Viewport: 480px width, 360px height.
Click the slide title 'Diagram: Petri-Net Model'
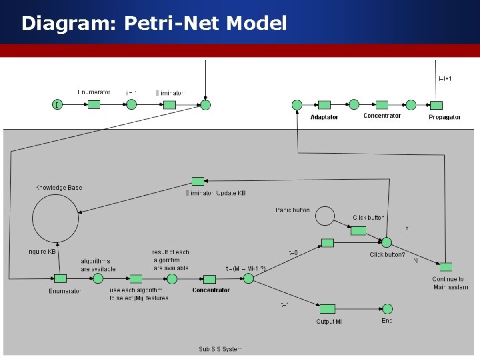tap(154, 24)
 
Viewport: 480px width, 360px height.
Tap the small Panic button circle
tap(325, 215)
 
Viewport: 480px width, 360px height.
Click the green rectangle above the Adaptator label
tap(324, 105)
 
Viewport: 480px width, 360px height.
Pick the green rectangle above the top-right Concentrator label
tap(382, 105)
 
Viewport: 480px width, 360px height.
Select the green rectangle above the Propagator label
tap(436, 105)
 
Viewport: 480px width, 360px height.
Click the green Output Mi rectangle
tap(327, 309)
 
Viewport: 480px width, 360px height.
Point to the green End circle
tap(387, 309)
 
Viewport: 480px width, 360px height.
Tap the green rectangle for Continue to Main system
tap(445, 267)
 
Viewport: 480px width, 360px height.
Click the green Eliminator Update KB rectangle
tap(197, 181)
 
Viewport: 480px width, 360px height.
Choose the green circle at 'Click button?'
tap(386, 243)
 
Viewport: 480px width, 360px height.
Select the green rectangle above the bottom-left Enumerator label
tap(60, 279)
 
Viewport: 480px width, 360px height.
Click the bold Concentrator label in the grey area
tap(211, 290)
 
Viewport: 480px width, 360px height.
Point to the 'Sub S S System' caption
tap(221, 349)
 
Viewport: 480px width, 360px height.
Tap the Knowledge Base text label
tap(59, 188)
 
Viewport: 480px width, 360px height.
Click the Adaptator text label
tap(324, 117)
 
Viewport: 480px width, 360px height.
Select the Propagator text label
tap(445, 117)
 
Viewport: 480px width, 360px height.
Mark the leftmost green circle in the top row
tap(58, 105)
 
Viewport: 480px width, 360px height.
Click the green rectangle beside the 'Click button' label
tap(359, 231)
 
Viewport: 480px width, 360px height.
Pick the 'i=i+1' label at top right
tap(445, 79)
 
